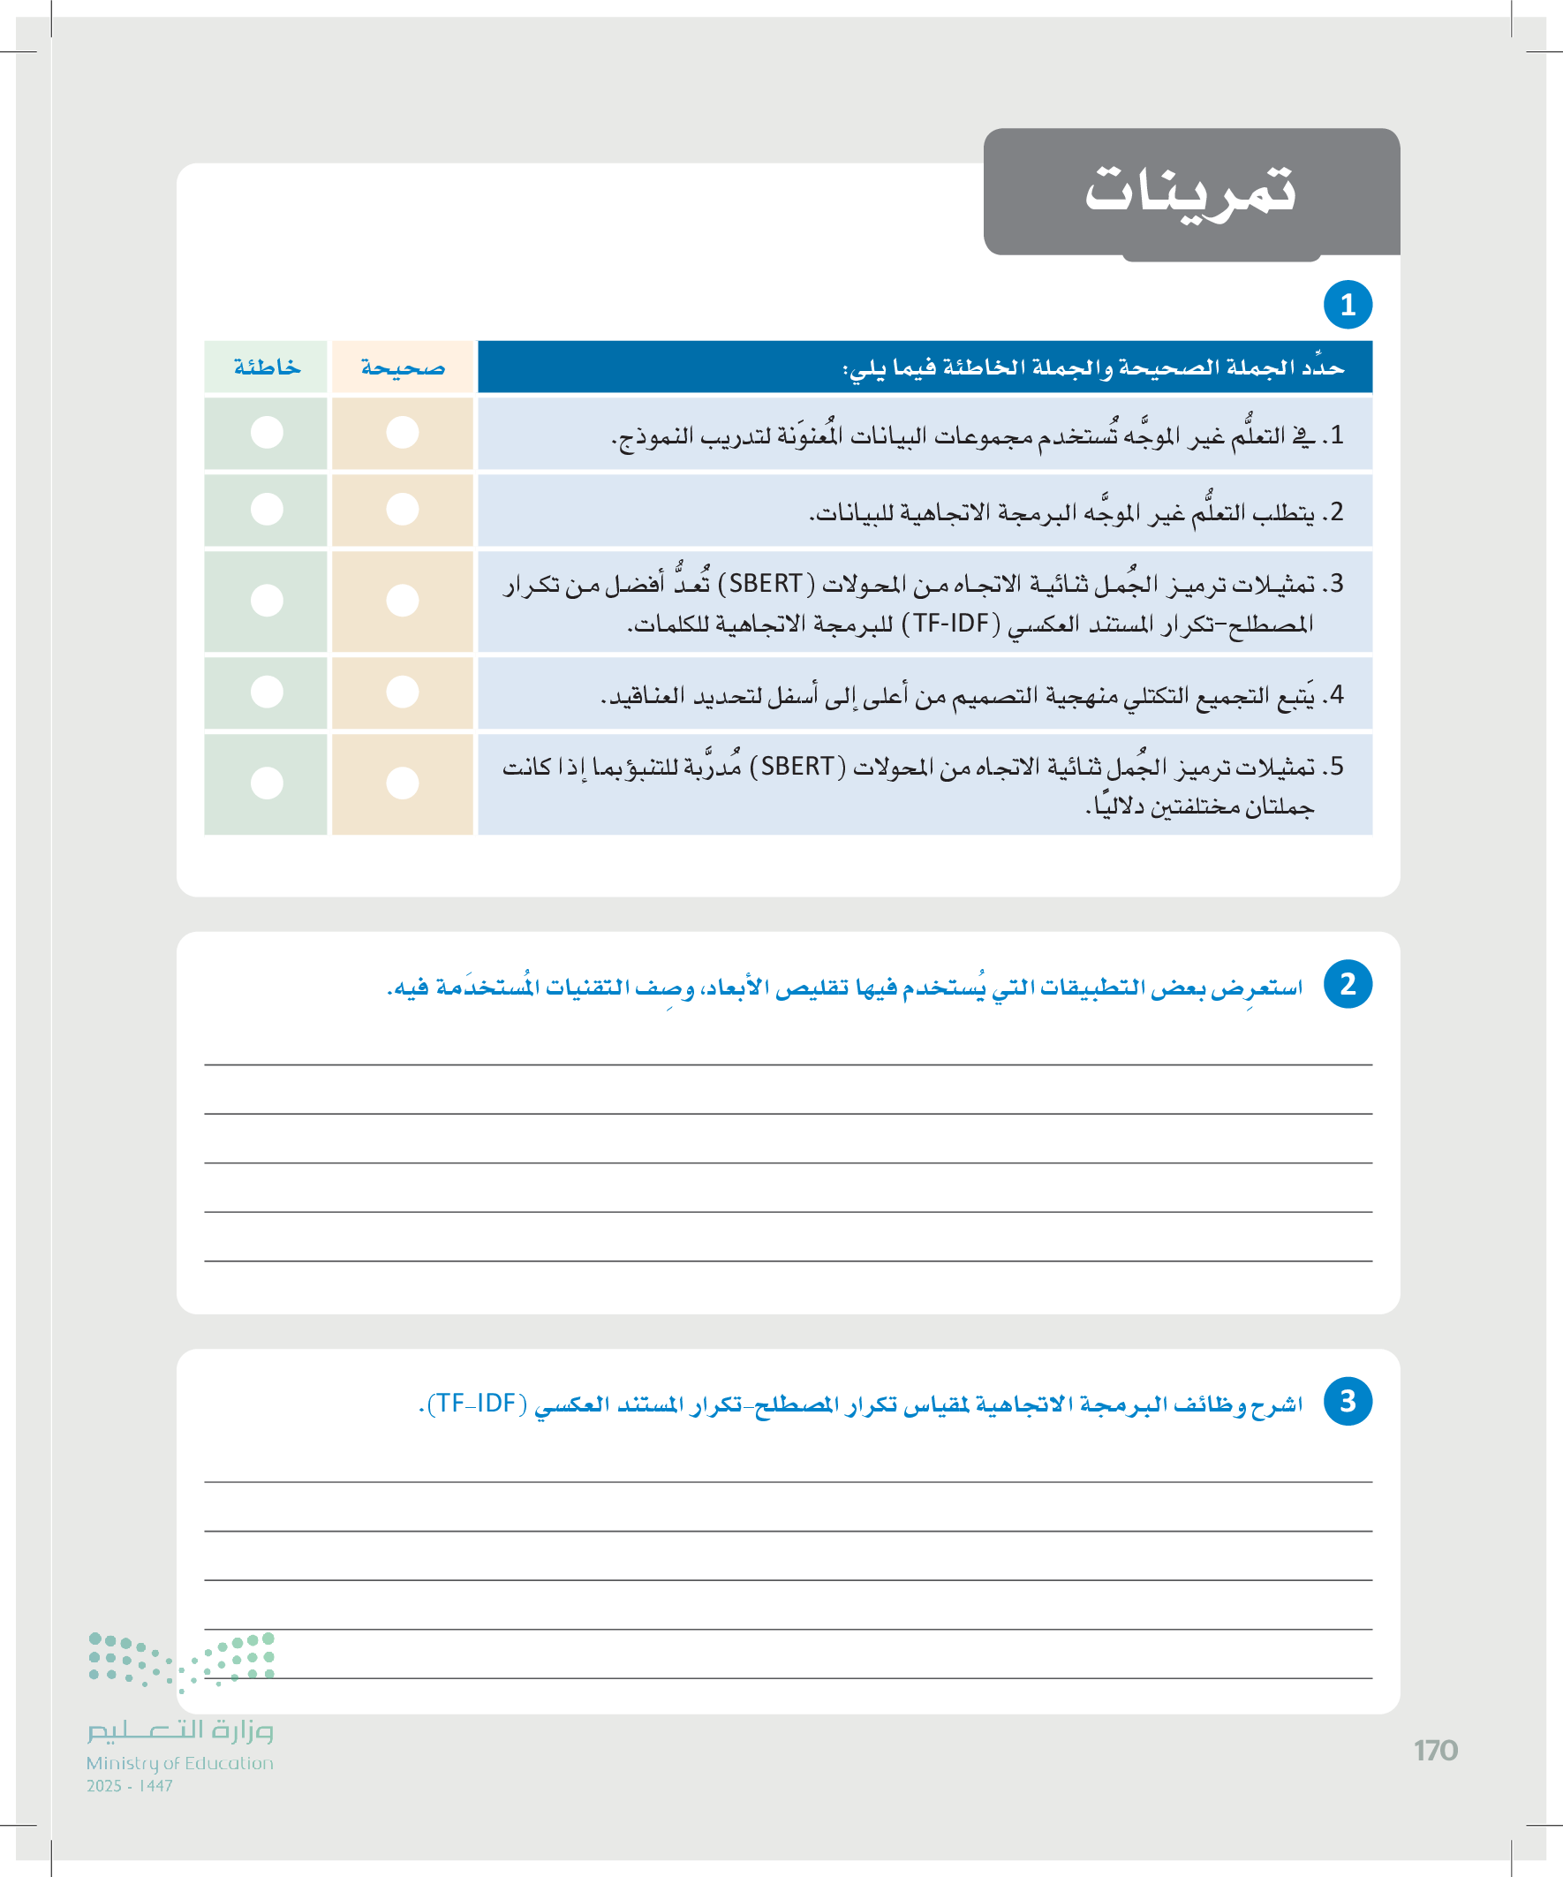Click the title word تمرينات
[1189, 191]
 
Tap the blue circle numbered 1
[1348, 305]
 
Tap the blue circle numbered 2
[1348, 984]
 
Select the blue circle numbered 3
[1348, 1401]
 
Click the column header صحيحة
[402, 367]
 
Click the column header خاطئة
[267, 367]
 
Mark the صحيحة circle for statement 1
[402, 433]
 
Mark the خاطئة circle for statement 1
[267, 433]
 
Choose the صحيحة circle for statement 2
[402, 510]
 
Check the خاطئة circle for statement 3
[267, 601]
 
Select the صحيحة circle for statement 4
[402, 692]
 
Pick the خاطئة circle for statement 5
[267, 783]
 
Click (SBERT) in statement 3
[766, 585]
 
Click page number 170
[1435, 1750]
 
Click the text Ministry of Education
[179, 1763]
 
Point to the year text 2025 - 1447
[130, 1786]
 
